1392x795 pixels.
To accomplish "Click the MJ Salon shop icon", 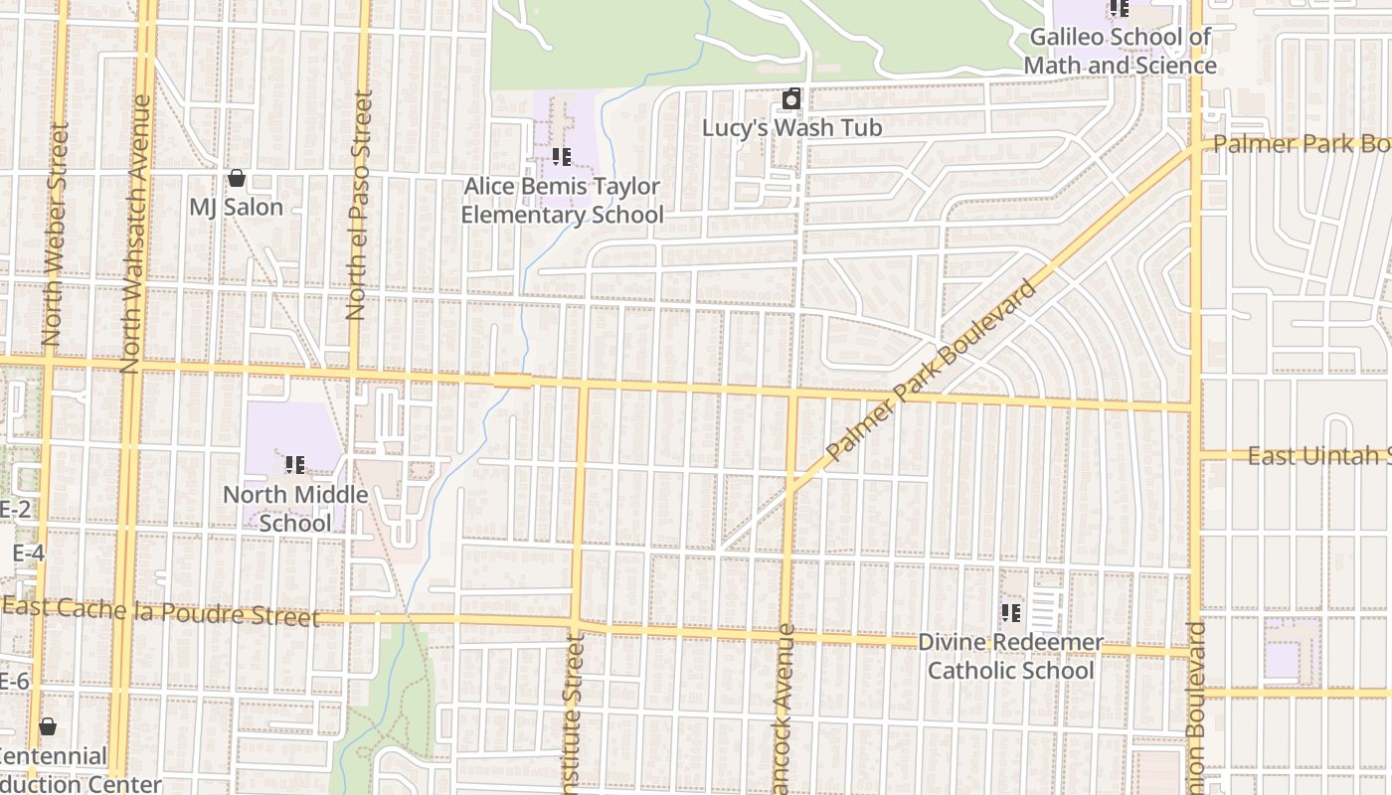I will point(237,179).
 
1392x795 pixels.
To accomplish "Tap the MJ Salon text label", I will point(237,208).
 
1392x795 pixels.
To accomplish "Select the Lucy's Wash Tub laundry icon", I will point(791,99).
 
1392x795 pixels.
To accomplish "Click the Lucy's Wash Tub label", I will point(791,128).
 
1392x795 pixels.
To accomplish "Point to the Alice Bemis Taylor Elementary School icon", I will point(562,157).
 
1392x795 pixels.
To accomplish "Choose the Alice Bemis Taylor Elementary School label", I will point(562,201).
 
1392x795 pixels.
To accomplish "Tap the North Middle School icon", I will point(295,464).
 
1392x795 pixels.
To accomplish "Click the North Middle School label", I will point(295,509).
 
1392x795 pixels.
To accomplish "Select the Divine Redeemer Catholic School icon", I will point(1011,613).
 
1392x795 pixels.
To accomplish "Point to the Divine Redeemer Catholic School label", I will point(1010,656).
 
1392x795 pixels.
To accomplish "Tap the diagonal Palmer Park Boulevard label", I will point(932,370).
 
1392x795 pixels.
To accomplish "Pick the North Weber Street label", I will point(56,236).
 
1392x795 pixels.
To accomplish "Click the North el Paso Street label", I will point(359,206).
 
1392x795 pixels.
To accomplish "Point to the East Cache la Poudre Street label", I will point(161,611).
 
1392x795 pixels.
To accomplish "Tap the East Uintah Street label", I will point(1318,456).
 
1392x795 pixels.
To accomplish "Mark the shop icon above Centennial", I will point(48,727).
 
